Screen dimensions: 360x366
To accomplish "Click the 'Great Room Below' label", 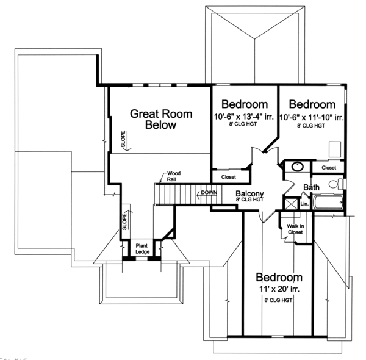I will pos(161,120).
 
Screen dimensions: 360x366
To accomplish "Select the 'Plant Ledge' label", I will pos(142,247).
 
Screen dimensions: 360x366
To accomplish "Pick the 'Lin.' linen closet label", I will pos(303,204).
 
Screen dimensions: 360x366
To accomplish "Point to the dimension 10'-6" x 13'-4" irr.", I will pos(243,117).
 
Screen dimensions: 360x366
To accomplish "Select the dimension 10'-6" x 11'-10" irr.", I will pos(311,117).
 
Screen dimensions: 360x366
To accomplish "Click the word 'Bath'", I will pos(311,188).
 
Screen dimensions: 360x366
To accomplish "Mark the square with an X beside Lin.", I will pos(291,204).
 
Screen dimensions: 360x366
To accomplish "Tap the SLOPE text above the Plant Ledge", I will pos(124,219).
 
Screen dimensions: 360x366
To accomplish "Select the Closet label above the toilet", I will pos(329,167).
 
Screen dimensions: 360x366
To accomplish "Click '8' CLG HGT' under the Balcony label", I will pos(249,200).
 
